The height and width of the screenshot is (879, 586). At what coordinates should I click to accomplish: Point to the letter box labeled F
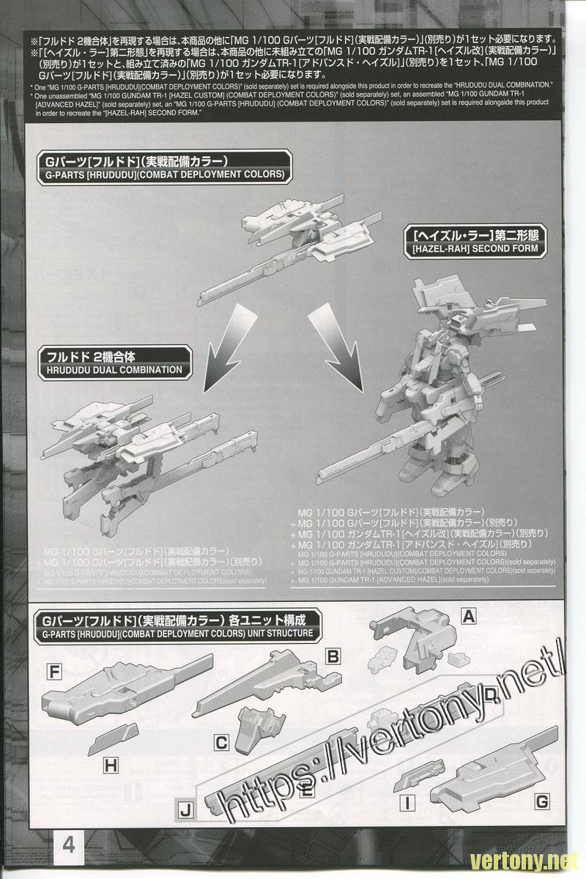click(x=53, y=670)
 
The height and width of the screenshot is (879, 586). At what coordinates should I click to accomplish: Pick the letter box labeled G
click(x=541, y=803)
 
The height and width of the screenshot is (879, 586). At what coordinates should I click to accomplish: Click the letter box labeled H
click(x=111, y=767)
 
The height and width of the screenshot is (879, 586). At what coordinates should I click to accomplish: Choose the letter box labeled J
click(x=186, y=809)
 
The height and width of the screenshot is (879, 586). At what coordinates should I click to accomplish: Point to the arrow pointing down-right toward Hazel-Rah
click(x=338, y=330)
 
